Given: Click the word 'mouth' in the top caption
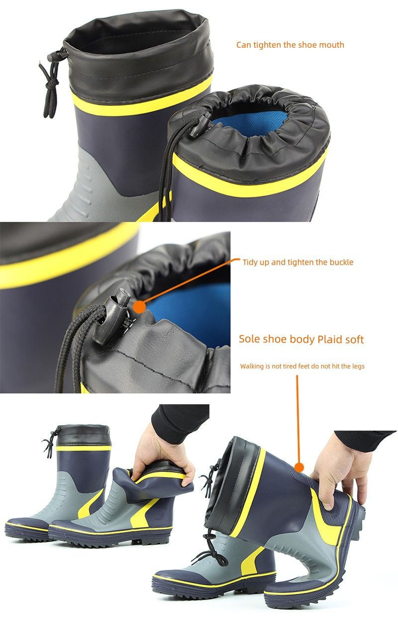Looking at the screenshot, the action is pos(331,45).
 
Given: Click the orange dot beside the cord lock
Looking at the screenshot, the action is pos(139,307).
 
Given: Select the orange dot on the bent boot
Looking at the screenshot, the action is pos(299,467).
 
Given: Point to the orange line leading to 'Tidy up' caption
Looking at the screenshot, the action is pos(191,282).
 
